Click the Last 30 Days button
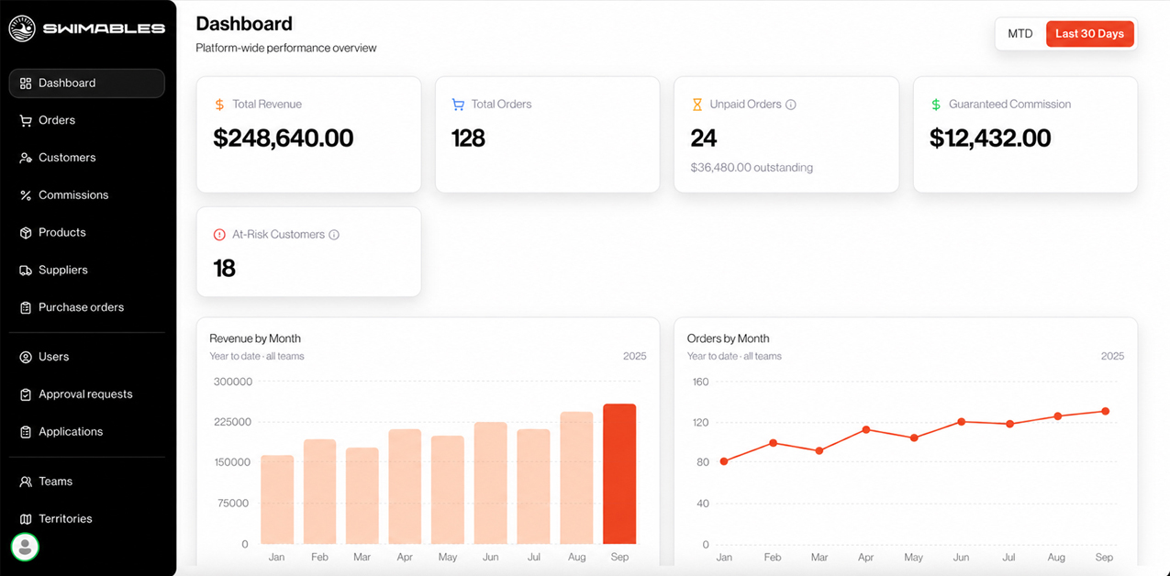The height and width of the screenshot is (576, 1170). pyautogui.click(x=1089, y=34)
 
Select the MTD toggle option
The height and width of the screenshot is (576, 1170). pyautogui.click(x=1020, y=34)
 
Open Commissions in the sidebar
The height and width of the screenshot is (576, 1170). pyautogui.click(x=73, y=194)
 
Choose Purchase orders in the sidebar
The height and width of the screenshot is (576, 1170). pyautogui.click(x=81, y=307)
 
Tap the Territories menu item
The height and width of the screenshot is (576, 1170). pyautogui.click(x=65, y=518)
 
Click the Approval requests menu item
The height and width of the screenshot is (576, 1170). pyautogui.click(x=85, y=394)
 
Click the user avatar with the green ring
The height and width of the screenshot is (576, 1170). pyautogui.click(x=25, y=547)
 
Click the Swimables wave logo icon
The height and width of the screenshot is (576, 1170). pyautogui.click(x=22, y=28)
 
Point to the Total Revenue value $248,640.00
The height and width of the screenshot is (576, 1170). pyautogui.click(x=284, y=138)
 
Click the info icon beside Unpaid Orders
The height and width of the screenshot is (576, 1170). pyautogui.click(x=791, y=105)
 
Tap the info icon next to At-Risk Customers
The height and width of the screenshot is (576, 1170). pyautogui.click(x=334, y=235)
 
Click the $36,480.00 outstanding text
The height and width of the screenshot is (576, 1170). pyautogui.click(x=752, y=168)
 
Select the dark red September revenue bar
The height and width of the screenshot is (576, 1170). pyautogui.click(x=619, y=474)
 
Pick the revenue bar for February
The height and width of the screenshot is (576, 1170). pyautogui.click(x=319, y=492)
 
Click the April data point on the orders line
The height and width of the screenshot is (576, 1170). pyautogui.click(x=866, y=430)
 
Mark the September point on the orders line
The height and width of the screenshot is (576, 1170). pyautogui.click(x=1105, y=412)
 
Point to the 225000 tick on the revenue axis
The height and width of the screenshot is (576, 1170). pyautogui.click(x=232, y=422)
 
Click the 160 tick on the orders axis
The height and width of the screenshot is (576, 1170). pyautogui.click(x=700, y=382)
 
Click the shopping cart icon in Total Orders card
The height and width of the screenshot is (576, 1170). pyautogui.click(x=458, y=105)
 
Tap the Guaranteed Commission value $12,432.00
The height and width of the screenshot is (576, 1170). pyautogui.click(x=990, y=138)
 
